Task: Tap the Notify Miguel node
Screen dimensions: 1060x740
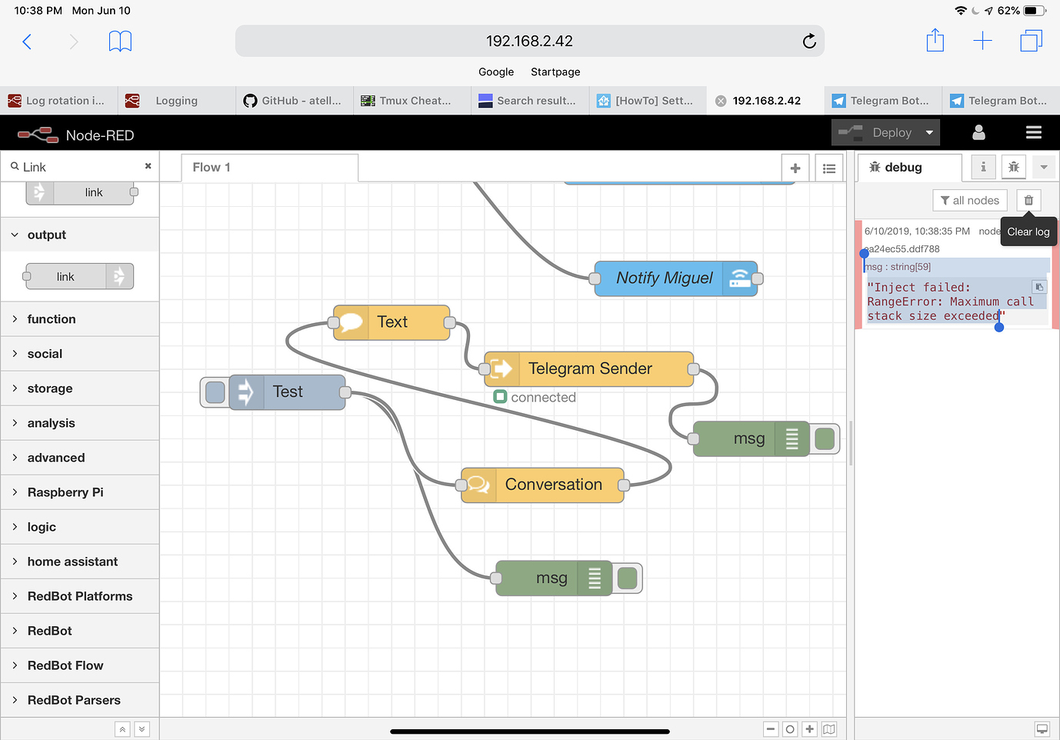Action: [675, 278]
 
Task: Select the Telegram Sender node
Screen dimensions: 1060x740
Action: [588, 369]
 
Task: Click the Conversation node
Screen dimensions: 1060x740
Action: [542, 485]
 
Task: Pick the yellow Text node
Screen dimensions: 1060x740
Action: [392, 322]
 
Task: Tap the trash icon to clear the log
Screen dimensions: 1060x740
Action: [1028, 201]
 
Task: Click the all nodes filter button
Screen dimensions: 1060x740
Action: [970, 201]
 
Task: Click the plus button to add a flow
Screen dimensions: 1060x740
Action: [795, 168]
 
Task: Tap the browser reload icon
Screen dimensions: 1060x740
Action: [809, 42]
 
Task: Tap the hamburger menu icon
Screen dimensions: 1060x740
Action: [1034, 132]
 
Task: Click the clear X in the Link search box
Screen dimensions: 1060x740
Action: [148, 166]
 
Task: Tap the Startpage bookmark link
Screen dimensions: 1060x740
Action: [555, 72]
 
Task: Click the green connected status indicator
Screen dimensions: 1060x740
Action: [500, 397]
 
